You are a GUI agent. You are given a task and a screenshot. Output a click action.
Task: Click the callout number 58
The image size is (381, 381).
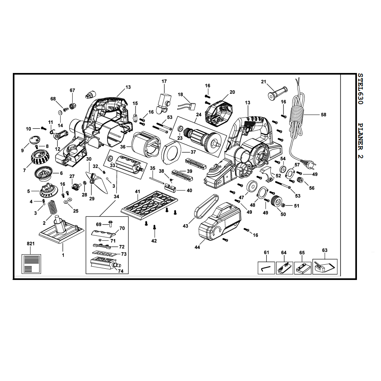tap(323, 115)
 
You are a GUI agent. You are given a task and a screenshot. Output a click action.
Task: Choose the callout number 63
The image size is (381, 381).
tap(324, 250)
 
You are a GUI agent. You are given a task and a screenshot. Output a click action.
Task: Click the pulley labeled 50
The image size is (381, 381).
tap(274, 201)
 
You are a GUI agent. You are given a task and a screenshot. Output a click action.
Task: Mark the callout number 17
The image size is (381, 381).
tap(164, 81)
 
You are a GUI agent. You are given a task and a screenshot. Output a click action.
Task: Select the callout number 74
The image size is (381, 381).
tap(121, 271)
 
